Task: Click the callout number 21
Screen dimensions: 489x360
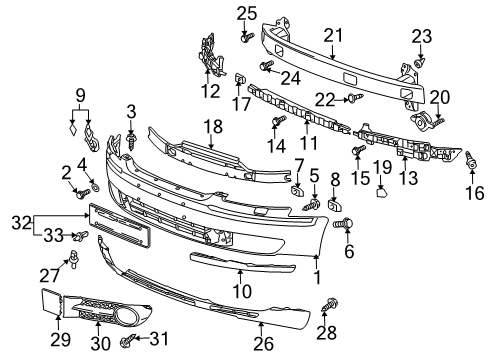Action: coord(333,36)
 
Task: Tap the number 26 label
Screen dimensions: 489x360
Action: coord(263,343)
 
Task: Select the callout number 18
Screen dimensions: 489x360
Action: coord(213,127)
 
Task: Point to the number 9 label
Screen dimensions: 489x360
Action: coord(80,96)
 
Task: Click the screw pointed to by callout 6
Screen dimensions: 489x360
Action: coord(343,223)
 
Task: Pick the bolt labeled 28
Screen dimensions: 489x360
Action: coord(330,305)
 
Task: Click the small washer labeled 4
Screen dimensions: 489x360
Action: coord(95,188)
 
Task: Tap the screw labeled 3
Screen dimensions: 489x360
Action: coord(131,142)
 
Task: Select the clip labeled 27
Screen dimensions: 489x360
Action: coord(73,258)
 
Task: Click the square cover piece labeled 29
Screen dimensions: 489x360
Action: coord(52,302)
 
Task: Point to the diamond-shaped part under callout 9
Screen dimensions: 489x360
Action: coord(73,129)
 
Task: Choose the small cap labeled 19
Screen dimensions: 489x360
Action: coord(381,192)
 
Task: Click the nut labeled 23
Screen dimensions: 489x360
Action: coord(420,62)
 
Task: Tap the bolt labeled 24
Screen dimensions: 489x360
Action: coord(266,65)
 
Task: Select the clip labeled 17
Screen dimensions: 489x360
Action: coord(240,79)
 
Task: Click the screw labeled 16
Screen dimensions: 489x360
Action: coord(471,160)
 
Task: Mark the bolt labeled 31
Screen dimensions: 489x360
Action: coord(129,340)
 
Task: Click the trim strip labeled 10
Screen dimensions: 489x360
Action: coord(242,262)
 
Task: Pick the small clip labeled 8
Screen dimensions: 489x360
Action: coord(334,206)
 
